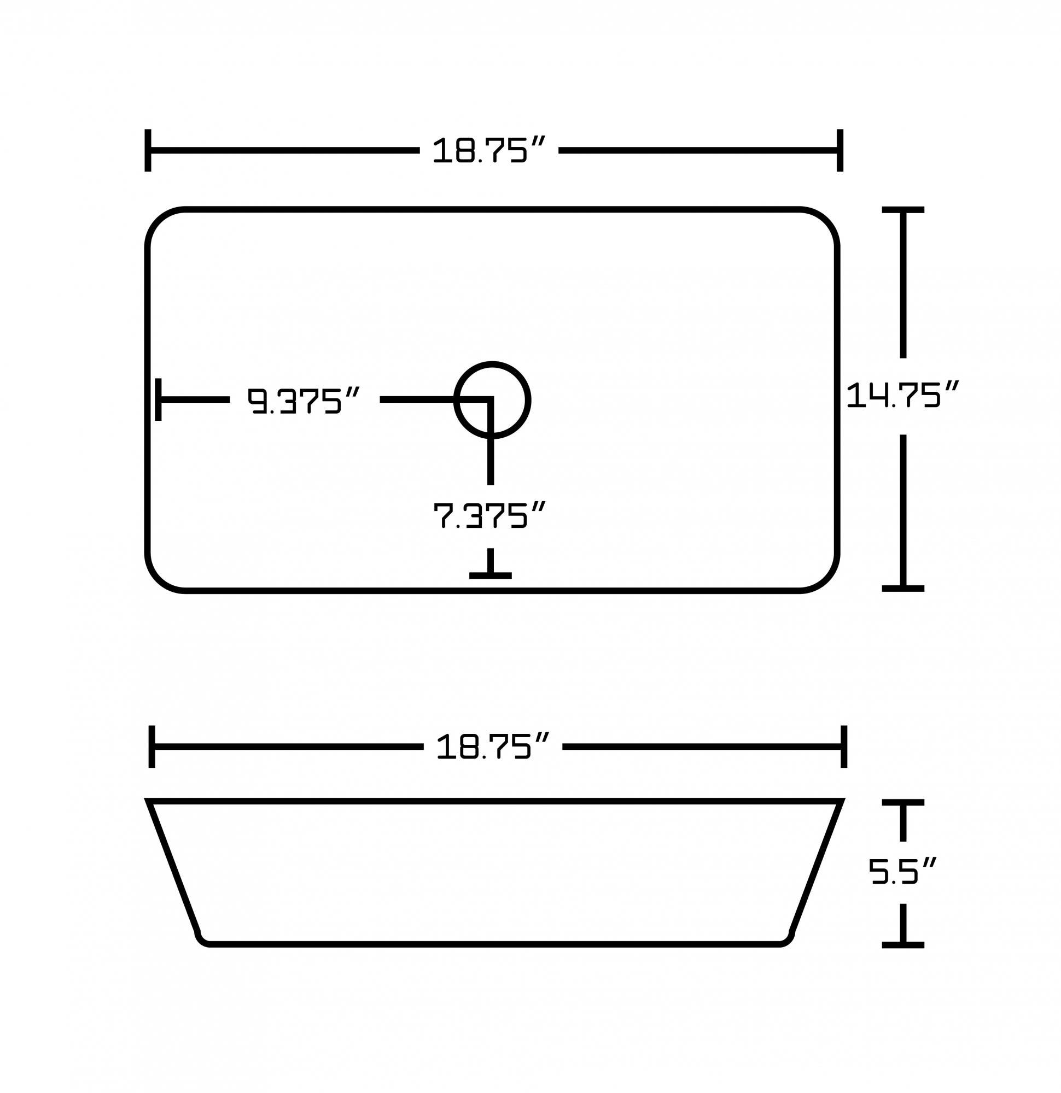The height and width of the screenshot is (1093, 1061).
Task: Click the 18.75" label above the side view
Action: pyautogui.click(x=492, y=747)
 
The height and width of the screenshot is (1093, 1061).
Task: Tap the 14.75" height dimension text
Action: pyautogui.click(x=902, y=395)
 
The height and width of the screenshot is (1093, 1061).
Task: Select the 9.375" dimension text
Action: pyautogui.click(x=304, y=401)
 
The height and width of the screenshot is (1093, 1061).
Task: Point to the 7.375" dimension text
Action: pyautogui.click(x=489, y=515)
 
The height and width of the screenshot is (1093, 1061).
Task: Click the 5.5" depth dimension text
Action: pyautogui.click(x=902, y=872)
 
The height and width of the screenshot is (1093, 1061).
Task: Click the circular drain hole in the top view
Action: pyautogui.click(x=492, y=400)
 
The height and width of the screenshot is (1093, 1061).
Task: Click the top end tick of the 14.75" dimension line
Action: pyautogui.click(x=902, y=210)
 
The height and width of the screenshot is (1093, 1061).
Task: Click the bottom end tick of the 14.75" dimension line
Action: pyautogui.click(x=902, y=589)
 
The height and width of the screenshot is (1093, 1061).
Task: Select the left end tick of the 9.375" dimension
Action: pyautogui.click(x=159, y=399)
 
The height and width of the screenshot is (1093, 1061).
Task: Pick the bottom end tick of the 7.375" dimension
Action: pyautogui.click(x=490, y=575)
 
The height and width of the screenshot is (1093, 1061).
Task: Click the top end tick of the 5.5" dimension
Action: pyautogui.click(x=902, y=802)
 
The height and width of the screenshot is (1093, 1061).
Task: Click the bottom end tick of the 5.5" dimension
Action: pyautogui.click(x=902, y=945)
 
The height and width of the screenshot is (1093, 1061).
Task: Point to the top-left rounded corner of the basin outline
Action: pyautogui.click(x=160, y=222)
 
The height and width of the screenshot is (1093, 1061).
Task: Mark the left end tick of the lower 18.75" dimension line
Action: pyautogui.click(x=152, y=747)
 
